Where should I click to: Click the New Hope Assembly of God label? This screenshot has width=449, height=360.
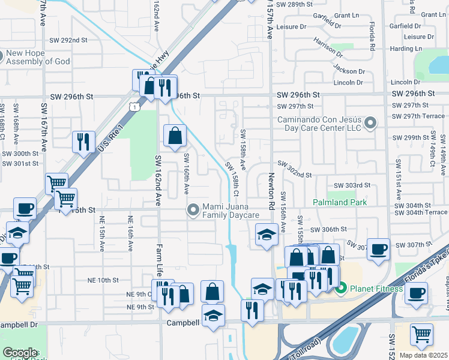pyautogui.click(x=37, y=57)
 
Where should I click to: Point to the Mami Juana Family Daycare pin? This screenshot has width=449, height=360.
pyautogui.click(x=193, y=210)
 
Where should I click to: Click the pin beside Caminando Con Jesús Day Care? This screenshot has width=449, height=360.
pyautogui.click(x=370, y=124)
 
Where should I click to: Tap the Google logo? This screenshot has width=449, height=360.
pyautogui.click(x=20, y=353)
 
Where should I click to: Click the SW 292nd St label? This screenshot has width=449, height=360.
pyautogui.click(x=74, y=40)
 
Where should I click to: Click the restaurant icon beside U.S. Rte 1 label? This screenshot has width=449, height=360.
pyautogui.click(x=83, y=142)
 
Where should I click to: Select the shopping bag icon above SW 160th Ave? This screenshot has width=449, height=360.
pyautogui.click(x=174, y=136)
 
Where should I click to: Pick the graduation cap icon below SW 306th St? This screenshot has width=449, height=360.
pyautogui.click(x=265, y=235)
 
